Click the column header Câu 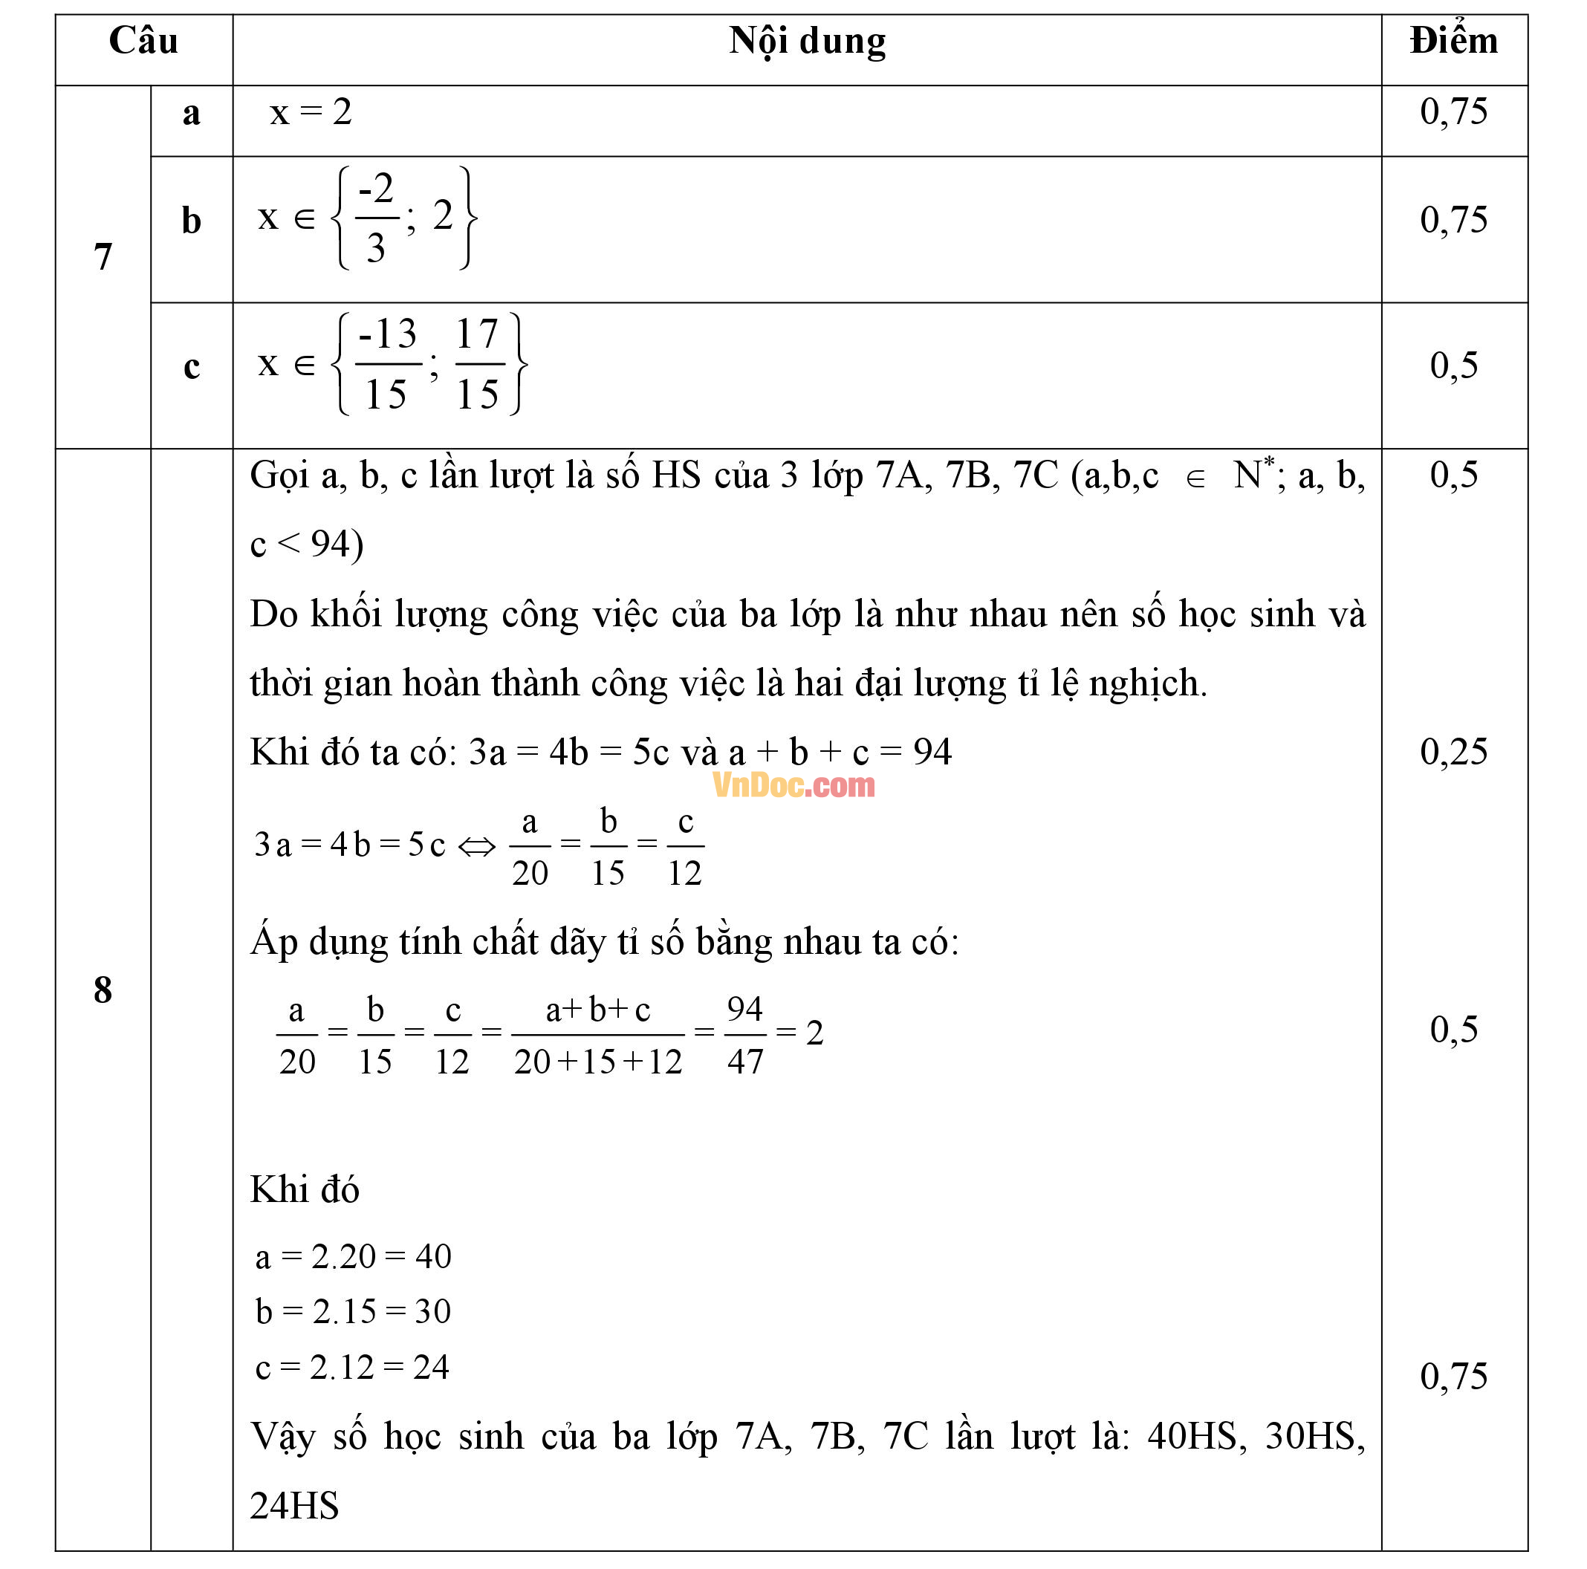pyautogui.click(x=143, y=41)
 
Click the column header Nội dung pyautogui.click(x=807, y=41)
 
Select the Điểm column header pyautogui.click(x=1453, y=41)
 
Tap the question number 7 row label pyautogui.click(x=103, y=257)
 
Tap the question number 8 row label pyautogui.click(x=103, y=990)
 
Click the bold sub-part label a pyautogui.click(x=192, y=114)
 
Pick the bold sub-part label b pyautogui.click(x=192, y=220)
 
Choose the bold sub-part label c pyautogui.click(x=192, y=366)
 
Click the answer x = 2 pyautogui.click(x=311, y=111)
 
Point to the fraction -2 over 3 pyautogui.click(x=376, y=218)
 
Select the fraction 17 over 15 pyautogui.click(x=478, y=364)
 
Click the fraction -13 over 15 pyautogui.click(x=387, y=364)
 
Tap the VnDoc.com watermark pyautogui.click(x=793, y=785)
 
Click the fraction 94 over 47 pyautogui.click(x=745, y=1035)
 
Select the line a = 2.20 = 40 pyautogui.click(x=353, y=1257)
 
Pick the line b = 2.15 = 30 pyautogui.click(x=353, y=1312)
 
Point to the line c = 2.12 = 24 pyautogui.click(x=351, y=1368)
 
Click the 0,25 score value pyautogui.click(x=1453, y=752)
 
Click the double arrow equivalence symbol pyautogui.click(x=476, y=846)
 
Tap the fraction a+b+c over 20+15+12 pyautogui.click(x=598, y=1035)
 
